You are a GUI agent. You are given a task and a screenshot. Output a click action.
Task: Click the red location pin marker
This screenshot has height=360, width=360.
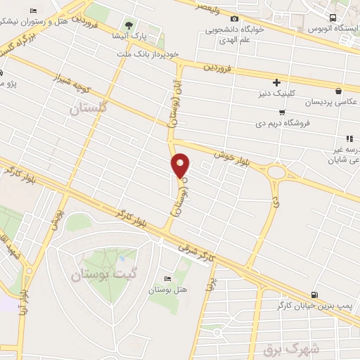pos(181,165)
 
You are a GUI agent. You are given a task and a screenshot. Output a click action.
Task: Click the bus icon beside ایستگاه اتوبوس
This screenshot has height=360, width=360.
pos(333,19)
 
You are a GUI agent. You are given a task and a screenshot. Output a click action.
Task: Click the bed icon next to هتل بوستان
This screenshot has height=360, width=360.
pos(167,276)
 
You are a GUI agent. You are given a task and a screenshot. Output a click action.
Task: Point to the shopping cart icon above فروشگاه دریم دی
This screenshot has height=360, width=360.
pos(282,112)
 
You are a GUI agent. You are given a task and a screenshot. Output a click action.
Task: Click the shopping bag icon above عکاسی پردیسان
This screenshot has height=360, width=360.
pos(339,91)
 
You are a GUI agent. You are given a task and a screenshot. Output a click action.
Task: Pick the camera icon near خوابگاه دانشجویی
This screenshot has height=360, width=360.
pos(235,19)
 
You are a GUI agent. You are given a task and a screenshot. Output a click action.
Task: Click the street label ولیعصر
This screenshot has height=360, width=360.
pos(201,9)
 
